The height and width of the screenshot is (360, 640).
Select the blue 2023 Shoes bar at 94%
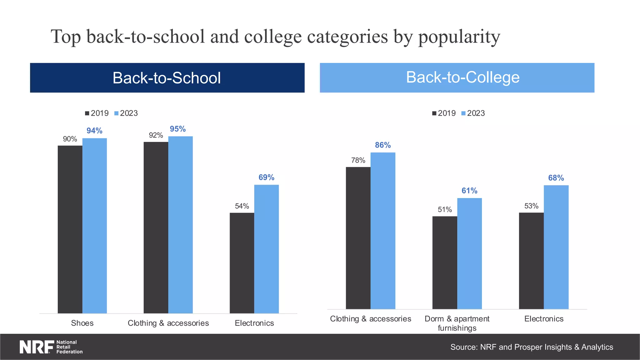click(94, 225)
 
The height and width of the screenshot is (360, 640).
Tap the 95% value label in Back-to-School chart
click(177, 129)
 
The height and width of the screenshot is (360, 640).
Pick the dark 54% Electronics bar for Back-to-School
click(242, 263)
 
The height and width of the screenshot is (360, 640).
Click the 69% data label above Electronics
click(266, 177)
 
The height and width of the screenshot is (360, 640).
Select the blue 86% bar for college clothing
click(383, 231)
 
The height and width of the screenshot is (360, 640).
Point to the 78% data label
click(358, 160)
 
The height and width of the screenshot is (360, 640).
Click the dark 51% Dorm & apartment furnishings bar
click(445, 262)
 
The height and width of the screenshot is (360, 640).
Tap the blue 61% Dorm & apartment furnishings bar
click(469, 253)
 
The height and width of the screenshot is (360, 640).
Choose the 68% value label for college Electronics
click(556, 178)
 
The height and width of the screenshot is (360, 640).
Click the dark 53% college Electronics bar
click(531, 261)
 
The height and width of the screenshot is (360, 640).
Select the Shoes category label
click(82, 323)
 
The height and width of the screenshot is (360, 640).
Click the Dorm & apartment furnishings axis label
click(457, 323)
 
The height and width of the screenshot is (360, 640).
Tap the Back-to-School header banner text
click(167, 78)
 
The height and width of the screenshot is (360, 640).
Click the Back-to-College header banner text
click(462, 77)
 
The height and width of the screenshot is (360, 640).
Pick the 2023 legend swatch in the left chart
click(117, 113)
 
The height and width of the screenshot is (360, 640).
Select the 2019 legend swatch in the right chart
click(434, 113)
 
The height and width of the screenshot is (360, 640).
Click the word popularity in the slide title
click(459, 37)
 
